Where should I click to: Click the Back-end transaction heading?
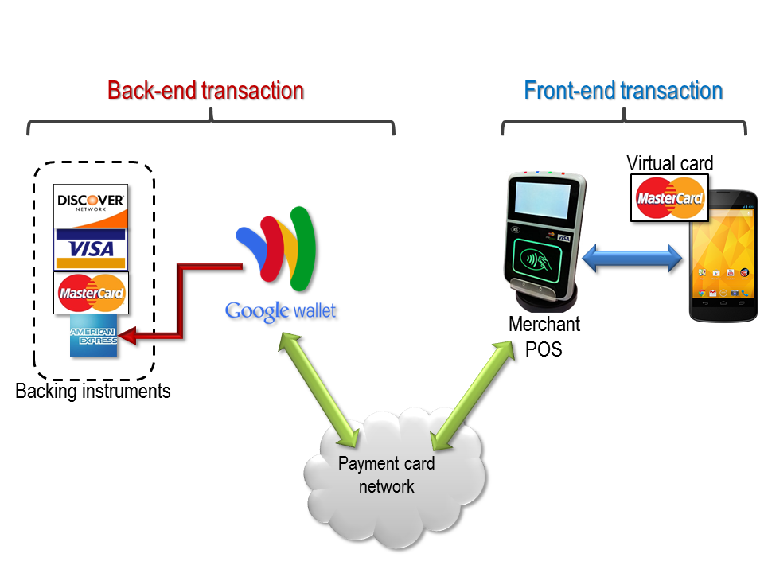point(205,90)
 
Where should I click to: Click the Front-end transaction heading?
point(623,90)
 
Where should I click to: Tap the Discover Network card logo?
point(90,205)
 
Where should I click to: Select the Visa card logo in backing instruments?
point(90,248)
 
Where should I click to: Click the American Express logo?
point(93,336)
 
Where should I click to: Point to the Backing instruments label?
point(93,392)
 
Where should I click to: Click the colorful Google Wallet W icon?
point(277,249)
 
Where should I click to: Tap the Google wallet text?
point(280,310)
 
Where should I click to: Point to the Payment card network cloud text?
point(387,475)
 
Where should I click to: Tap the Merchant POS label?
point(544,337)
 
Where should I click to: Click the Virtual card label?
point(670,163)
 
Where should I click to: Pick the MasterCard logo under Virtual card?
point(670,197)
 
